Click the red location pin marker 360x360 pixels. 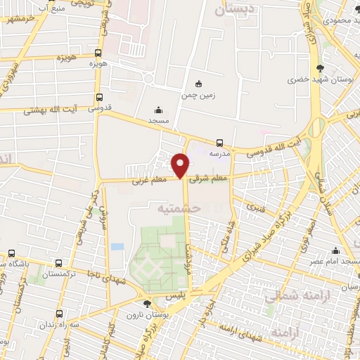coord(181,165)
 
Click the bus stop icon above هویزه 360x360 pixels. coord(98,52)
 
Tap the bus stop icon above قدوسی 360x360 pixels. coord(98,98)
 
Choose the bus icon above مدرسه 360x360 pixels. coord(220,143)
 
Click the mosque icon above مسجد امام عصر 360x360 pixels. coord(335,251)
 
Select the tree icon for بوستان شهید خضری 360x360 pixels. coord(321,68)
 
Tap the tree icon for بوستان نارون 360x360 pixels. coord(146,304)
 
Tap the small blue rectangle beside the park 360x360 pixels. coord(117,247)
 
